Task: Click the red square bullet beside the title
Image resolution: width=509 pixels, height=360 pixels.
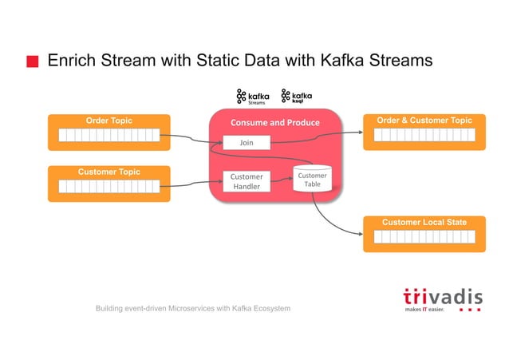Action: tap(32, 61)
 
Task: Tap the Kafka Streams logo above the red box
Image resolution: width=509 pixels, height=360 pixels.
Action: tap(253, 97)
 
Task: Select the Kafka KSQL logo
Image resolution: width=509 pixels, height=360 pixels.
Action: tap(297, 97)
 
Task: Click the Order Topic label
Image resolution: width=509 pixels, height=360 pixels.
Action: tap(109, 121)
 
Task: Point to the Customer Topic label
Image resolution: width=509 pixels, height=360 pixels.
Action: tap(109, 172)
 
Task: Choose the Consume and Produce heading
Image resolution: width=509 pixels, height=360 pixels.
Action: tap(274, 122)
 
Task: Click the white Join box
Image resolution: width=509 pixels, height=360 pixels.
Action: tap(247, 143)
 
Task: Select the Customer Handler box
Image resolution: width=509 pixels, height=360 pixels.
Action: tap(247, 181)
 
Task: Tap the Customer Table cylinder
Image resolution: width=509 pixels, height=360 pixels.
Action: tap(312, 180)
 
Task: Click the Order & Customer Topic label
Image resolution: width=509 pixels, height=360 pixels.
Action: tap(424, 121)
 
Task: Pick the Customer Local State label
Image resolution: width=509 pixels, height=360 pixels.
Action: tap(424, 222)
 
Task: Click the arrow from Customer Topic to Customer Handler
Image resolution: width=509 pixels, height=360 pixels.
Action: tap(195, 184)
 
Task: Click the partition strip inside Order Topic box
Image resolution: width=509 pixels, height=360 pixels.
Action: tap(109, 135)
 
